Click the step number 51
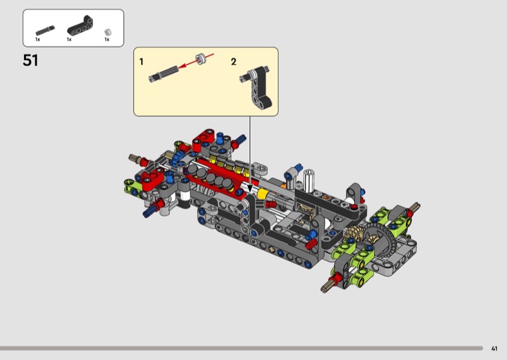pyautogui.click(x=30, y=60)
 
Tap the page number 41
pyautogui.click(x=494, y=349)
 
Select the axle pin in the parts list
pyautogui.click(x=45, y=30)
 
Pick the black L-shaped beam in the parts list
pyautogui.click(x=80, y=25)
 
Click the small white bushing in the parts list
pyautogui.click(x=108, y=32)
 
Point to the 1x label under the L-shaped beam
pyautogui.click(x=69, y=39)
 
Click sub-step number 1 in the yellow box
pyautogui.click(x=141, y=61)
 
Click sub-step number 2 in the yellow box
pyautogui.click(x=233, y=61)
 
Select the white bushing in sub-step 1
pyautogui.click(x=200, y=59)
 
